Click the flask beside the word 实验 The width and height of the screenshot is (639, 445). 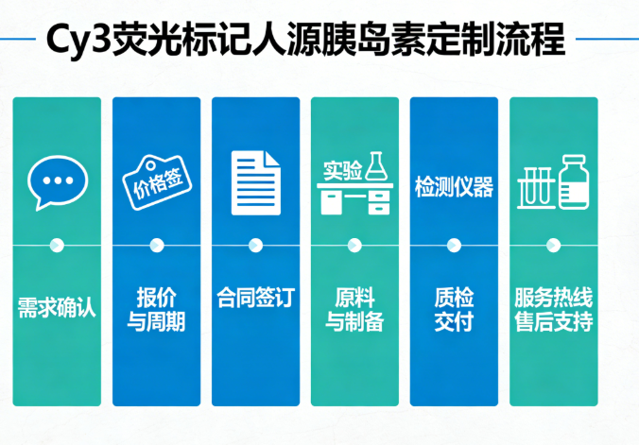point(376,166)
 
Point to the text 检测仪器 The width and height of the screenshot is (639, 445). point(454,187)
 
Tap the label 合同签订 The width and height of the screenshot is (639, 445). point(255,298)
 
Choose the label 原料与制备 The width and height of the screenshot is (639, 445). point(354,309)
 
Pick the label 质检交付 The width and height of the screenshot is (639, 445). point(454,309)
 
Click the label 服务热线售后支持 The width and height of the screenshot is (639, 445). point(553,309)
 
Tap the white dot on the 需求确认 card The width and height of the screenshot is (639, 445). point(57,246)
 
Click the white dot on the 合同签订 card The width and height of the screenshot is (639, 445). point(255,246)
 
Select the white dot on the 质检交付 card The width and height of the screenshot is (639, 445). point(454,246)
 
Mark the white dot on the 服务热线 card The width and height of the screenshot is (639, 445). point(553,246)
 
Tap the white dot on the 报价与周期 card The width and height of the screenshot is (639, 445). point(157,246)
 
